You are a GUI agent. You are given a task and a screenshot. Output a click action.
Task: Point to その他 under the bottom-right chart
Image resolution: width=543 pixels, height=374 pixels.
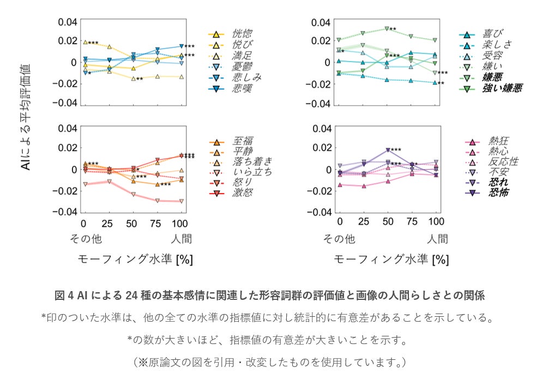coord(339,239)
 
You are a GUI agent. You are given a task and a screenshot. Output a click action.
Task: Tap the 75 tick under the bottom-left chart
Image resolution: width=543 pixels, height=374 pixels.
coord(155,224)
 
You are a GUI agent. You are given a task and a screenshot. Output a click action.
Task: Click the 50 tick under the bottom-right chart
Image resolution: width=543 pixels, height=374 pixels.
coord(387,224)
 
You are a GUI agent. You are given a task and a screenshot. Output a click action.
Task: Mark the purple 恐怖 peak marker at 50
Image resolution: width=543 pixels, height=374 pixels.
coord(388,150)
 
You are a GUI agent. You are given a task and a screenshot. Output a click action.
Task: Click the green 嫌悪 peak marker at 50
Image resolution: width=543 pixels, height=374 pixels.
coord(387,28)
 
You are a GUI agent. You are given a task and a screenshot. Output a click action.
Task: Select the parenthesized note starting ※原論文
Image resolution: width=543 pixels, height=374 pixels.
coord(271,361)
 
